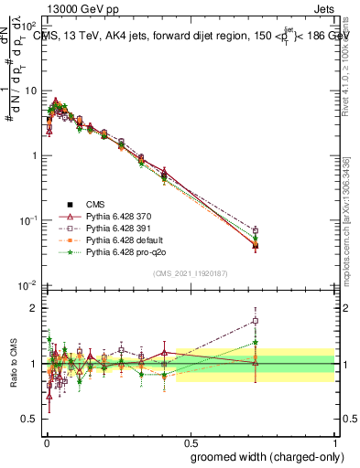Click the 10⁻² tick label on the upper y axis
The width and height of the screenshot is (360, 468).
pos(29,286)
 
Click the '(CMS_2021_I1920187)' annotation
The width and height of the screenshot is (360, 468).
pos(191,273)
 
